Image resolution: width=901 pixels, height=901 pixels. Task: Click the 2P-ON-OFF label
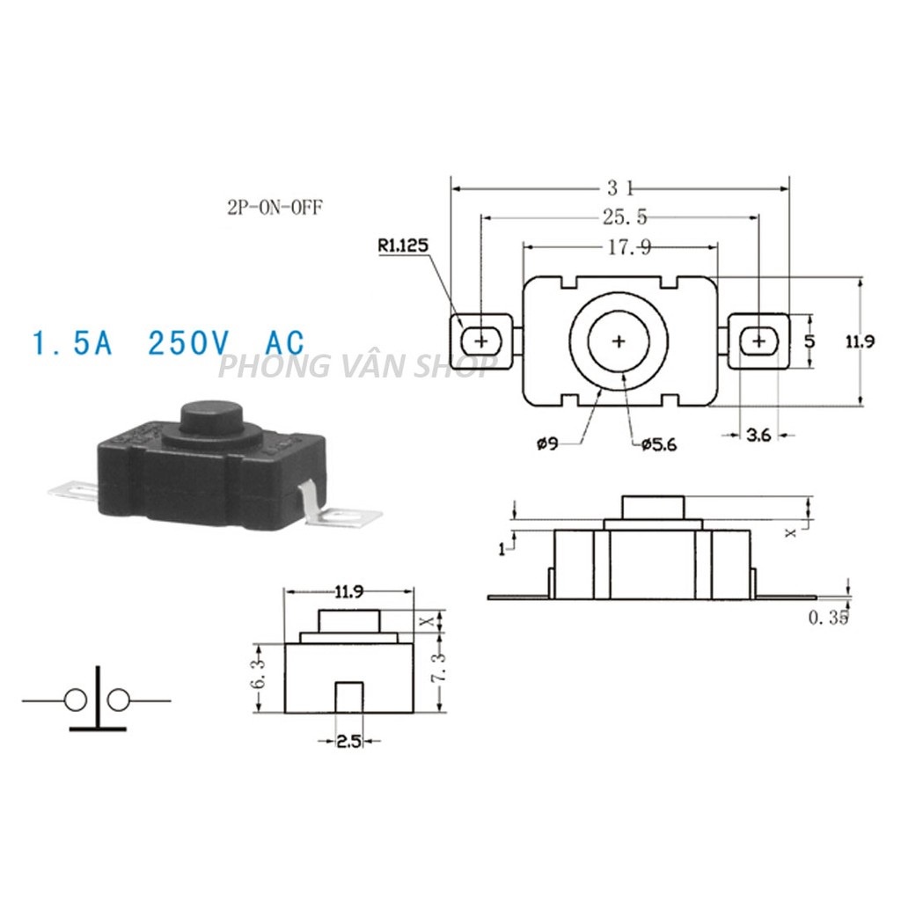[x=275, y=207]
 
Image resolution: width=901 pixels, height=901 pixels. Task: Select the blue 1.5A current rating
[x=72, y=343]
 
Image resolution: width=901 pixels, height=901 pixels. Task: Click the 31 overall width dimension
[x=620, y=187]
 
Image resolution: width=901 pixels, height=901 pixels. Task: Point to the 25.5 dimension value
[x=625, y=216]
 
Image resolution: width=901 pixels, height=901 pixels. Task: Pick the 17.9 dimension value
[x=629, y=247]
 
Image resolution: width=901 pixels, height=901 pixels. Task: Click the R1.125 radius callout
[x=403, y=246]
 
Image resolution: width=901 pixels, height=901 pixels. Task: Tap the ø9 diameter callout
[x=547, y=443]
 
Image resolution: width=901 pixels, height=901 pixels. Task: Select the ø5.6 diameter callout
[x=659, y=444]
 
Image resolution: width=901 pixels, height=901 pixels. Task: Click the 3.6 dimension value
[x=758, y=436]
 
